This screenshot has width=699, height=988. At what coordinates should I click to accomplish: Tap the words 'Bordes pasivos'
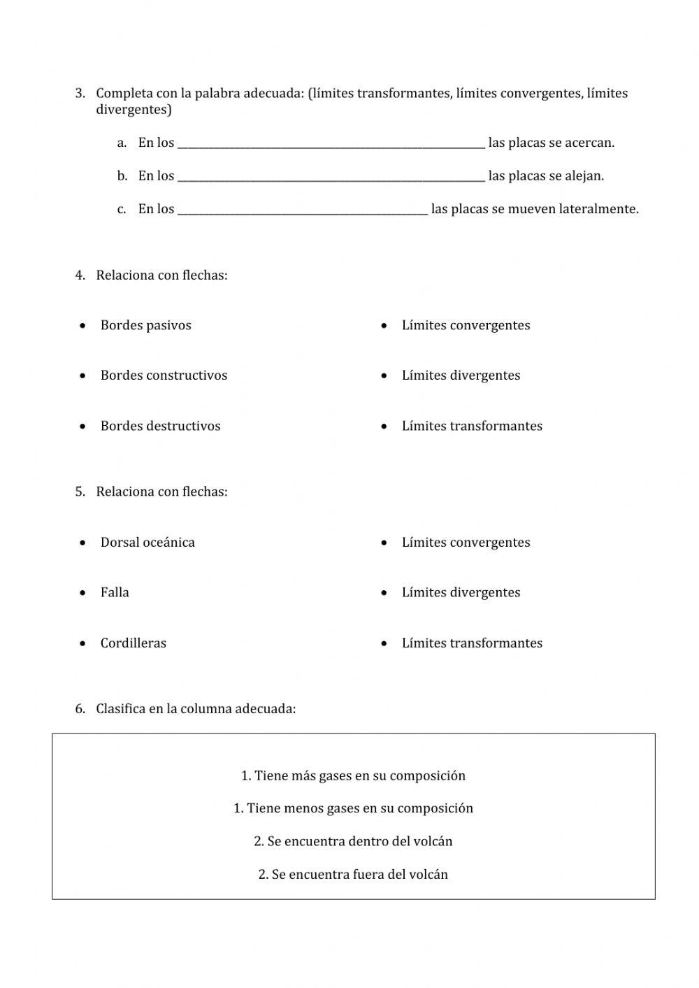click(x=145, y=325)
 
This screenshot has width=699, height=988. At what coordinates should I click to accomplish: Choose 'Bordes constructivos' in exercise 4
click(x=164, y=375)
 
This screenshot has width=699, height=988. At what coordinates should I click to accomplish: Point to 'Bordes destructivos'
click(x=160, y=426)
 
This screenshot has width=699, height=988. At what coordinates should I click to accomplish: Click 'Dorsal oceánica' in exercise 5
click(x=147, y=543)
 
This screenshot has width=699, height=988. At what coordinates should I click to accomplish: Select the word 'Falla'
click(x=115, y=593)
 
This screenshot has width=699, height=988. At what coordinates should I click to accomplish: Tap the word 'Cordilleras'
click(x=133, y=643)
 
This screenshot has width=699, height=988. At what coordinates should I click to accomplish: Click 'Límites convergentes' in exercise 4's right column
click(x=466, y=325)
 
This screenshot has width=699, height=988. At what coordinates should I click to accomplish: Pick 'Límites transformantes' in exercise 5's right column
click(x=472, y=643)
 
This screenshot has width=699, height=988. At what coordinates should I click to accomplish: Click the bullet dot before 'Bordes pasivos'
click(x=83, y=326)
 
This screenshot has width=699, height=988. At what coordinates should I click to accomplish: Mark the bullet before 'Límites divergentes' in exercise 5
click(x=384, y=593)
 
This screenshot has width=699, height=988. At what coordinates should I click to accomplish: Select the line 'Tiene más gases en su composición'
click(x=353, y=775)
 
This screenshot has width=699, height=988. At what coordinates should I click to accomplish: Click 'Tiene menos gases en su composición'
click(x=353, y=808)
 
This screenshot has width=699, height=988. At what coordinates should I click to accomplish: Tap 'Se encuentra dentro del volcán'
click(x=353, y=841)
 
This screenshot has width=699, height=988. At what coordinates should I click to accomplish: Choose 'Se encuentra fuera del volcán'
click(x=353, y=875)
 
